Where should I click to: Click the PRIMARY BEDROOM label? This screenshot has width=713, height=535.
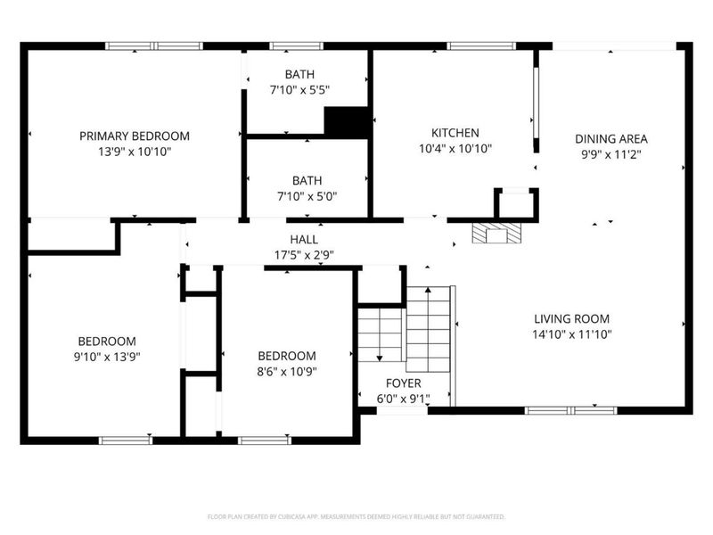[x=135, y=136]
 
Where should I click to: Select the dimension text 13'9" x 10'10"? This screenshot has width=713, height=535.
[x=135, y=152]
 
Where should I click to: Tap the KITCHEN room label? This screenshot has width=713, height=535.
[x=455, y=133]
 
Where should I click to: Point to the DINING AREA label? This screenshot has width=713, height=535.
[x=611, y=138]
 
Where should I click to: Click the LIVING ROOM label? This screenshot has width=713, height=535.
[x=571, y=318]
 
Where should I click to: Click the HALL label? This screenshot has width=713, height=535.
[x=304, y=239]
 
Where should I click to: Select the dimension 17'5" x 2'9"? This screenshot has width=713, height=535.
[x=304, y=254]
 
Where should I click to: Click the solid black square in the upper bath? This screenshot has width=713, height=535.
[x=347, y=122]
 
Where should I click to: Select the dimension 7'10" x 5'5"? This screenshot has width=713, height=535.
[x=299, y=90]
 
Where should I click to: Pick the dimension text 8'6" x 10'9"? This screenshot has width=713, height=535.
[x=287, y=371]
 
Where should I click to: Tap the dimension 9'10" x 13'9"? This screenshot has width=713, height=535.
[x=107, y=356]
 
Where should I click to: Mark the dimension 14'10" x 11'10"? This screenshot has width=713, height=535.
[x=571, y=334]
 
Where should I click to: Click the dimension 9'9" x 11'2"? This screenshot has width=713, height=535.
[x=611, y=153]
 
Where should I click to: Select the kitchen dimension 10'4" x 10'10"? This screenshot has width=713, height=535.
[x=455, y=149]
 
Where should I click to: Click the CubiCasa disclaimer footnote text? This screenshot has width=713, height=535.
[x=356, y=516]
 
